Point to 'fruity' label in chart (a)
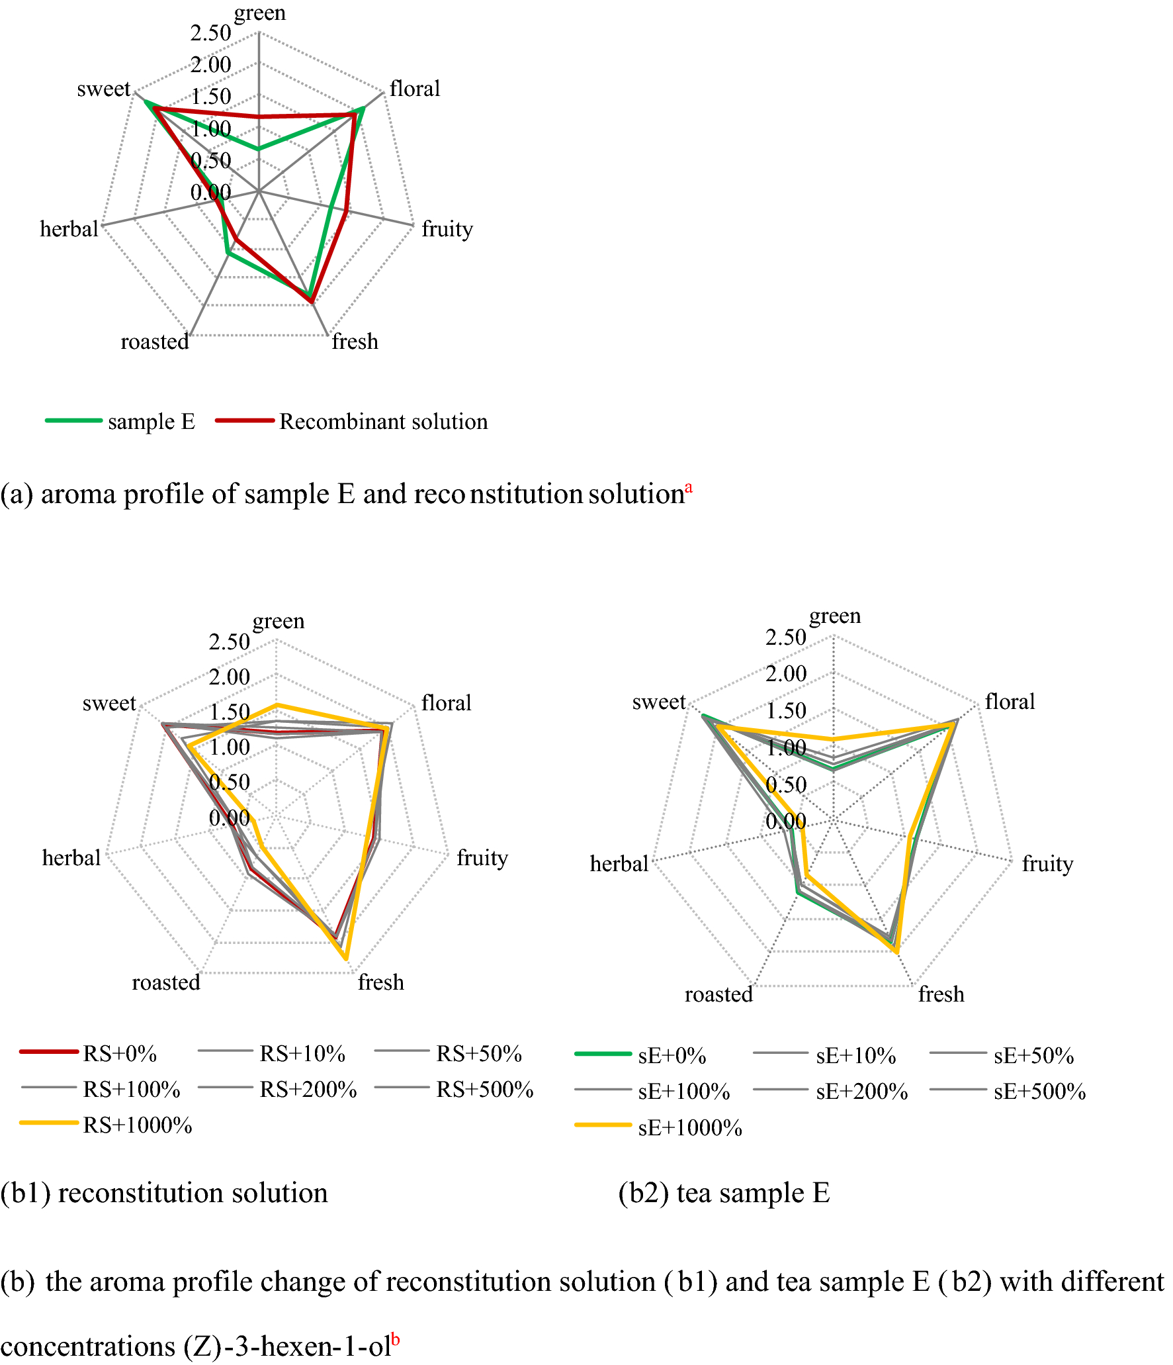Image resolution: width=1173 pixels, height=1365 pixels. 447,229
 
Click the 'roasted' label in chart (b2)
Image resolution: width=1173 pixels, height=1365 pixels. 718,994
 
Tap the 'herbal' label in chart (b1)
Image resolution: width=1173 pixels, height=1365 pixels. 71,858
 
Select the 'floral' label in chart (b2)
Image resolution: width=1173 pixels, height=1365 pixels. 1010,702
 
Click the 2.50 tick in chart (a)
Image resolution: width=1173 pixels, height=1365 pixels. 211,33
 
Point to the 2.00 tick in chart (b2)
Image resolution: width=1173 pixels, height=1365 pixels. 786,674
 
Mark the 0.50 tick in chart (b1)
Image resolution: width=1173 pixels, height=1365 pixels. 229,782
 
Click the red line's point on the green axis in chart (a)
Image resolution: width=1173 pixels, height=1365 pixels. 259,117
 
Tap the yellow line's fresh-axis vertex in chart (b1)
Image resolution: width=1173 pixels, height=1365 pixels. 345,958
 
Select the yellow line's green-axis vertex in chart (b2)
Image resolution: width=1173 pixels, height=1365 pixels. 834,739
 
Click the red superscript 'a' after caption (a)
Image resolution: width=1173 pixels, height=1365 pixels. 689,488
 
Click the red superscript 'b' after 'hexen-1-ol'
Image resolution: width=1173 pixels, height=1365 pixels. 395,1339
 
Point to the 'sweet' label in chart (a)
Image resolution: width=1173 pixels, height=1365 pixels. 104,89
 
